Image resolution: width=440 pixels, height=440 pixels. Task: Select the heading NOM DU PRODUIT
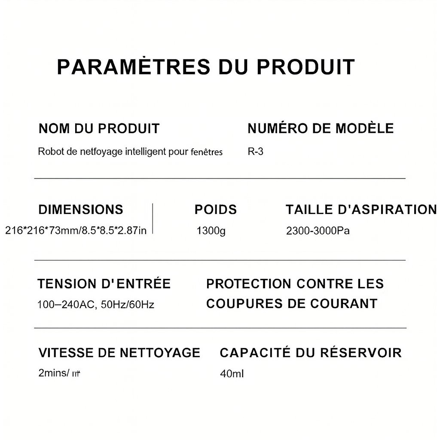coord(99,128)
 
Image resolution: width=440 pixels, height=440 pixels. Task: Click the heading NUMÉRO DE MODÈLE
coord(321,128)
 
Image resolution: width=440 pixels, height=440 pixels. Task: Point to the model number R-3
coord(256,152)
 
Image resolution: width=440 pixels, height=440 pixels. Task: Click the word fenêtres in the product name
coord(206,152)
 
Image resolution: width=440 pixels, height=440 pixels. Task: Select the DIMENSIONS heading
coord(81,210)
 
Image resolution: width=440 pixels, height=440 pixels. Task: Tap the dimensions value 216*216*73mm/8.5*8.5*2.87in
coord(76,231)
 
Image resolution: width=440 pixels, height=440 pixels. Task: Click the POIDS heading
coord(216,210)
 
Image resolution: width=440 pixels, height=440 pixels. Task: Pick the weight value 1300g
coord(211,231)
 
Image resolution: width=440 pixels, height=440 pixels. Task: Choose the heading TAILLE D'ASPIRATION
coord(361,210)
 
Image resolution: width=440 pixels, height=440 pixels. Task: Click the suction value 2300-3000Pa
coord(318,231)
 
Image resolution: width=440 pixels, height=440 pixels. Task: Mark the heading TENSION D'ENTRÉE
coord(104,284)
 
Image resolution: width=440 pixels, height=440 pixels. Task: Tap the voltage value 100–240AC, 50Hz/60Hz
coord(96,305)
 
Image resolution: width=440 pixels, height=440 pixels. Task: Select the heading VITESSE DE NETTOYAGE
coord(119,353)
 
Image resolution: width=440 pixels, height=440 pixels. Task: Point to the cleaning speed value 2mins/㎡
coord(59,373)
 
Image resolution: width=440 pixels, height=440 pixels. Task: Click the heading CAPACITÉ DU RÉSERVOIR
coord(311,353)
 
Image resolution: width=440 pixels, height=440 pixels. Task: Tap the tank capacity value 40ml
coord(232,374)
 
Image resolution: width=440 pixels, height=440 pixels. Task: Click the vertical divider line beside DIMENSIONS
coord(153,219)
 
